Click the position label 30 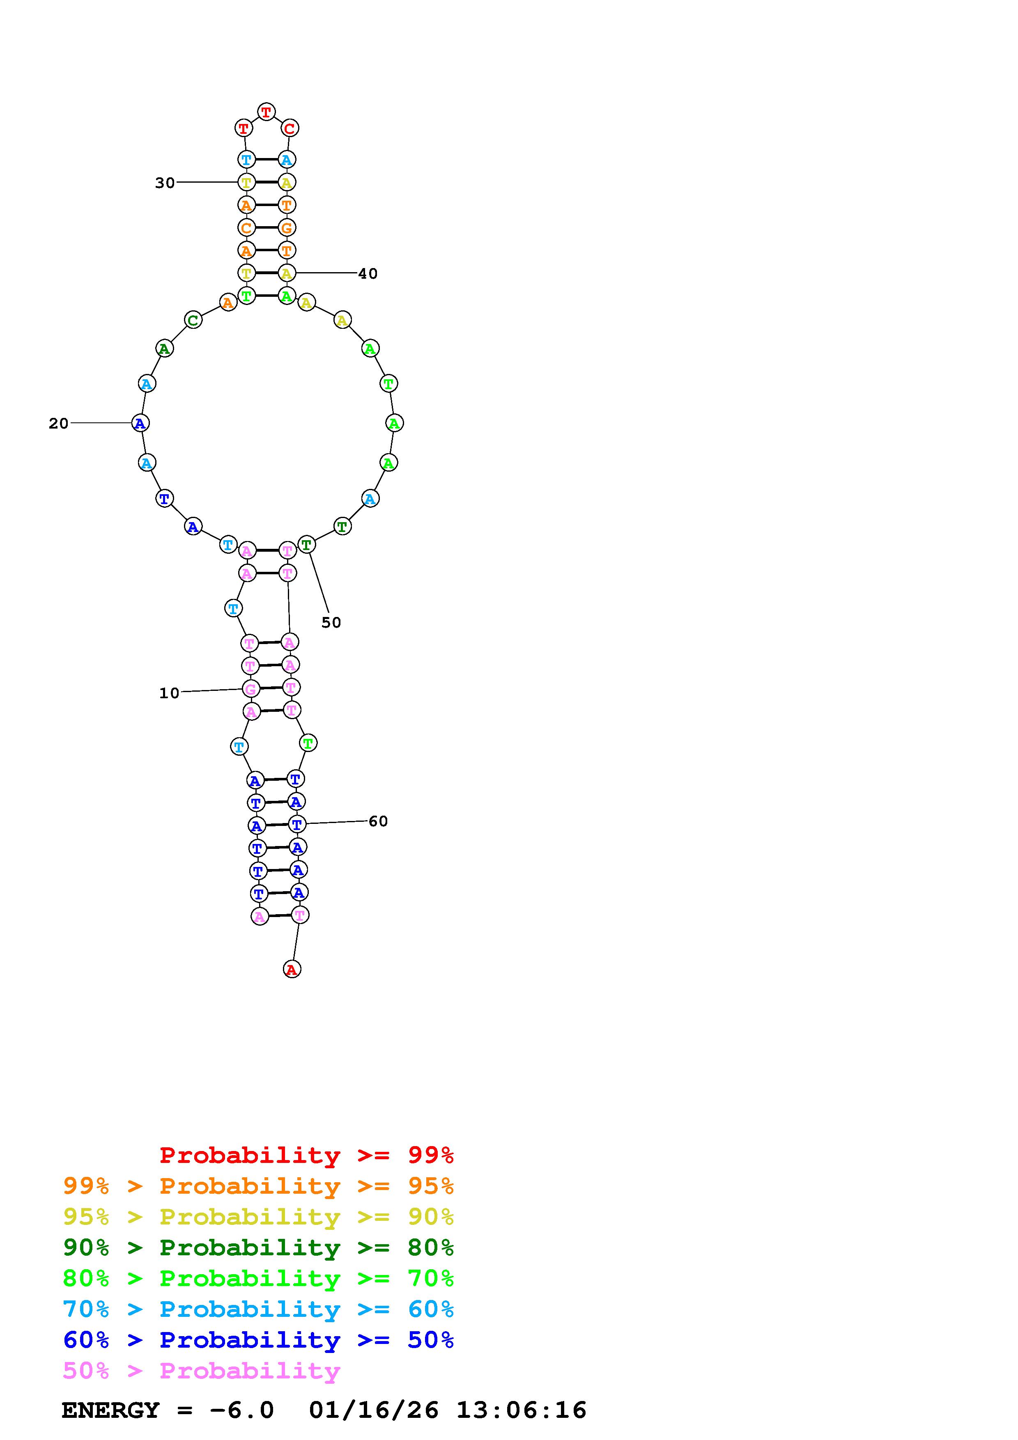click(165, 183)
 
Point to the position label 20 click(58, 423)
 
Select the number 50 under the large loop click(331, 622)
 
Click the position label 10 click(169, 693)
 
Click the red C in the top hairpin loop click(289, 128)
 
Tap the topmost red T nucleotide click(267, 112)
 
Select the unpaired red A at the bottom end click(292, 969)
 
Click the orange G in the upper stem click(287, 228)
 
